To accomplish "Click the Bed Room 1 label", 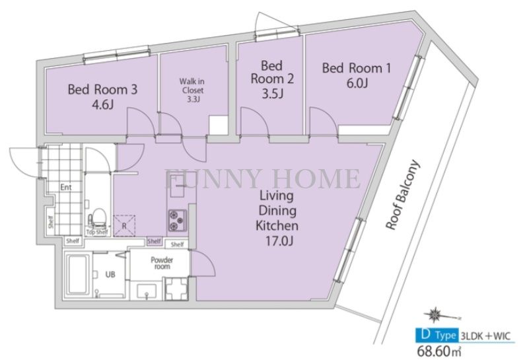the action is click(x=356, y=68).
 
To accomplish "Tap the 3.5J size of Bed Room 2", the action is click(x=273, y=93).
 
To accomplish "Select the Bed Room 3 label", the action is click(x=102, y=89).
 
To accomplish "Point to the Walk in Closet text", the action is click(x=192, y=86).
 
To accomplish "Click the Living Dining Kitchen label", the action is click(x=277, y=210).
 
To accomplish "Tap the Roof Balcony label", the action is click(x=402, y=195).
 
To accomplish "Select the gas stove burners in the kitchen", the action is click(x=178, y=220).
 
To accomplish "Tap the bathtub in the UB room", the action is click(x=78, y=275).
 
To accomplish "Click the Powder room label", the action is click(x=162, y=263).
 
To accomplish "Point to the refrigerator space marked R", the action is click(x=124, y=226).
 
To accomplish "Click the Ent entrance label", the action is click(x=66, y=187).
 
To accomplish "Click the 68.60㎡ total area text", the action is click(x=438, y=351).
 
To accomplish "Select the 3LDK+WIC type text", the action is click(x=487, y=336).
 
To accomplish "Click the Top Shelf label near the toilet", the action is click(x=97, y=232).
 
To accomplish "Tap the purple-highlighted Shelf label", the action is click(x=155, y=241).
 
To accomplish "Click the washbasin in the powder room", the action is click(x=147, y=291).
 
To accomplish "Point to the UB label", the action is click(x=110, y=275).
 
